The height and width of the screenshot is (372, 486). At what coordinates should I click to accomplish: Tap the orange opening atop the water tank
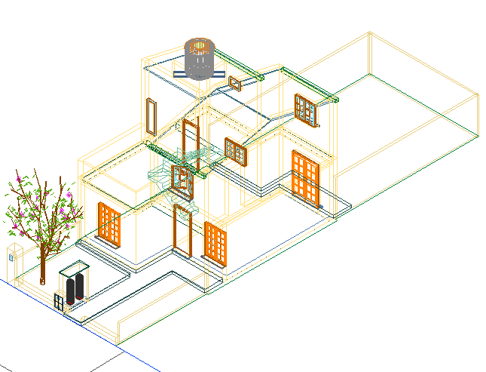(x=199, y=47)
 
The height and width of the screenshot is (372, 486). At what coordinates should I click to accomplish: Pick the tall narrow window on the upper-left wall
(x=151, y=116)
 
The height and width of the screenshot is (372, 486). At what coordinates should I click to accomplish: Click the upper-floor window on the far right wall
(x=306, y=109)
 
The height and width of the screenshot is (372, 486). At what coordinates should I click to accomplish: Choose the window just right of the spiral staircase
(x=236, y=151)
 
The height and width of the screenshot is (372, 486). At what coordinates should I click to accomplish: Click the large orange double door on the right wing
(x=304, y=177)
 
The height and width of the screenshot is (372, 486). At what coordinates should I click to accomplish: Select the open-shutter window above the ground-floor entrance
(x=181, y=180)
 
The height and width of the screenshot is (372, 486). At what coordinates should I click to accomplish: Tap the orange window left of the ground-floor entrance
(x=109, y=224)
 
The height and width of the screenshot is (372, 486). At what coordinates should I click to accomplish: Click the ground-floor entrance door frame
(x=181, y=232)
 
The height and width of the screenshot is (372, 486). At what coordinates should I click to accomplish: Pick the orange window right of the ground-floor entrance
(x=215, y=243)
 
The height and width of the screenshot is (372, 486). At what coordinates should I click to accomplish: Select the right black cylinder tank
(x=79, y=287)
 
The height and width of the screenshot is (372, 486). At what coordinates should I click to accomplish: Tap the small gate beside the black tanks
(x=60, y=301)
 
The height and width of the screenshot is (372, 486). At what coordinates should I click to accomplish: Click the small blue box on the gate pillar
(x=11, y=256)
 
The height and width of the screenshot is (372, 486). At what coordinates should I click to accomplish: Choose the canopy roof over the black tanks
(x=73, y=267)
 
